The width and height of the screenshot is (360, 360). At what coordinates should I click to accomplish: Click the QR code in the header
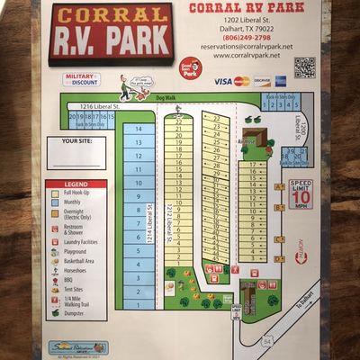pos(304,67)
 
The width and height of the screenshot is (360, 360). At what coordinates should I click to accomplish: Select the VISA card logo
pos(222,81)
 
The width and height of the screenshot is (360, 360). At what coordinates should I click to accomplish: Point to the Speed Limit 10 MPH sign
pos(301,193)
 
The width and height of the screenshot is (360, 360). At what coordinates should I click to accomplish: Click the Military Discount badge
pos(81,80)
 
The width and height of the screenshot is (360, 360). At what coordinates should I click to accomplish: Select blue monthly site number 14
pos(138,129)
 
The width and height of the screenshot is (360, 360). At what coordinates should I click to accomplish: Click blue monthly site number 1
pos(138,304)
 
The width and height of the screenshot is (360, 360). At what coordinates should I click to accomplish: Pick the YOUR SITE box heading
pos(77,141)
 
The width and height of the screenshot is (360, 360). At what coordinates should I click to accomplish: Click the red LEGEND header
pos(76,184)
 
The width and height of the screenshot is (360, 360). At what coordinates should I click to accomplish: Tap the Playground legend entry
pos(76,253)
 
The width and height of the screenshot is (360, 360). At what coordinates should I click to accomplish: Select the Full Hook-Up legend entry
pos(76,193)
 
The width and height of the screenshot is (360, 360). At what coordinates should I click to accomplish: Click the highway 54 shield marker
pos(266,316)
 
